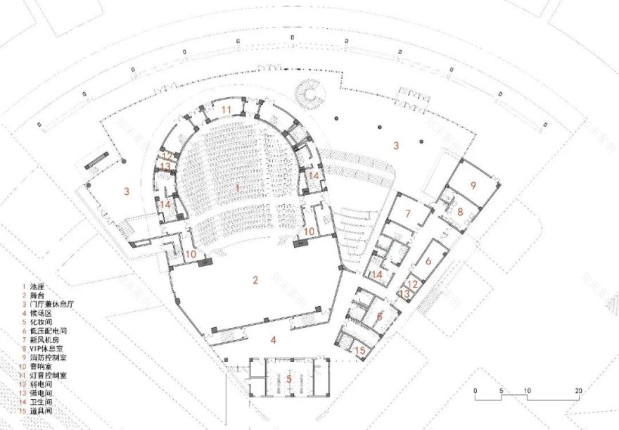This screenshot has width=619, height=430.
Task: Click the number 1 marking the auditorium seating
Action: pos(238,188)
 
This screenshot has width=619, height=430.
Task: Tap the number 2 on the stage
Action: pos(256,279)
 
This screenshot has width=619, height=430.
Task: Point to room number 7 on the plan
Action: pos(407,214)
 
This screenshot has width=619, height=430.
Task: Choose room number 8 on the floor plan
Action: pos(460,210)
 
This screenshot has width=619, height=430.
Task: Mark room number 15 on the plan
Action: pos(359,350)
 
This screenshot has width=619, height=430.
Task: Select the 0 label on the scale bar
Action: pos(476,390)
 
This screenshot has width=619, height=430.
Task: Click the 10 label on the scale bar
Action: pos(526,390)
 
